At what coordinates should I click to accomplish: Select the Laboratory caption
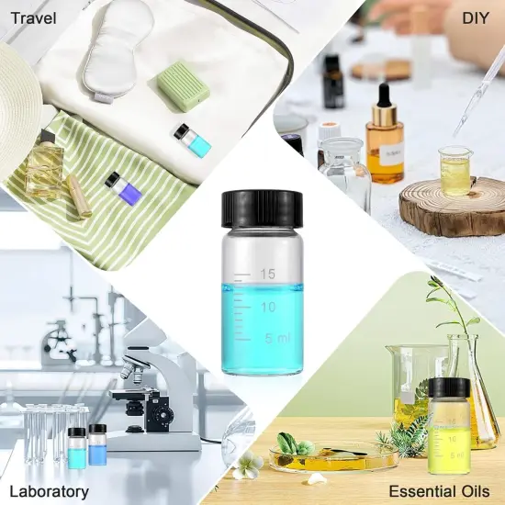click(x=49, y=490)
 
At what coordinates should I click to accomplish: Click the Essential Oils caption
click(x=438, y=490)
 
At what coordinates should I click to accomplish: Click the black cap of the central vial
click(x=263, y=208)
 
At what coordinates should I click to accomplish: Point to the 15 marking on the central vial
click(x=268, y=274)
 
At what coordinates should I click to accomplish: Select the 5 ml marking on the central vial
click(x=275, y=338)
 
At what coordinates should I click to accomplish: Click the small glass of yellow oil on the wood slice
click(x=454, y=171)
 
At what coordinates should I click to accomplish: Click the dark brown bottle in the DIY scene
click(x=332, y=83)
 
